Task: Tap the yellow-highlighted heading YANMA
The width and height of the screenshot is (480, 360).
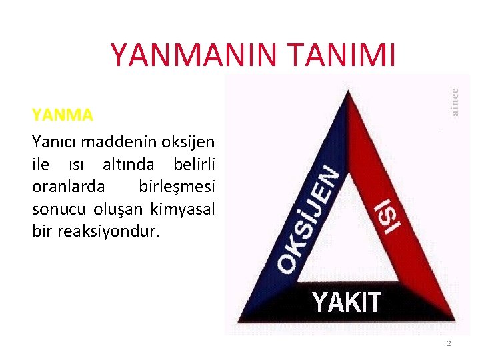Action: pos(62,115)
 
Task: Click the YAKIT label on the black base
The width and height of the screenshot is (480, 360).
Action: pos(347,303)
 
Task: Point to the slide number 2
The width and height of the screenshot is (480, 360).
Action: pos(449,343)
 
